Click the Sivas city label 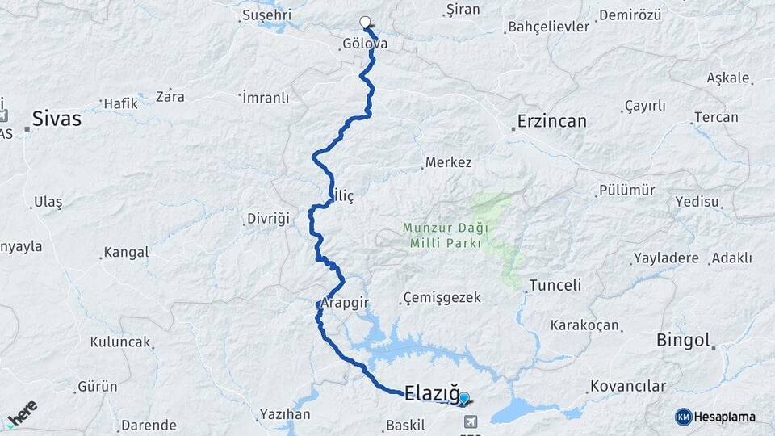pyautogui.click(x=57, y=119)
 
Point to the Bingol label pyautogui.click(x=683, y=340)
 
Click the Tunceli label pyautogui.click(x=555, y=286)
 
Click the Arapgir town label pyautogui.click(x=345, y=303)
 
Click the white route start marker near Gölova pyautogui.click(x=365, y=23)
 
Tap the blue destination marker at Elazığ pyautogui.click(x=464, y=397)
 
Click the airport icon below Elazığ pyautogui.click(x=471, y=421)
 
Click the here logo pyautogui.click(x=23, y=413)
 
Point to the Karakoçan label pyautogui.click(x=584, y=325)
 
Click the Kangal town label pyautogui.click(x=127, y=253)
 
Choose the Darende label pyautogui.click(x=149, y=425)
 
